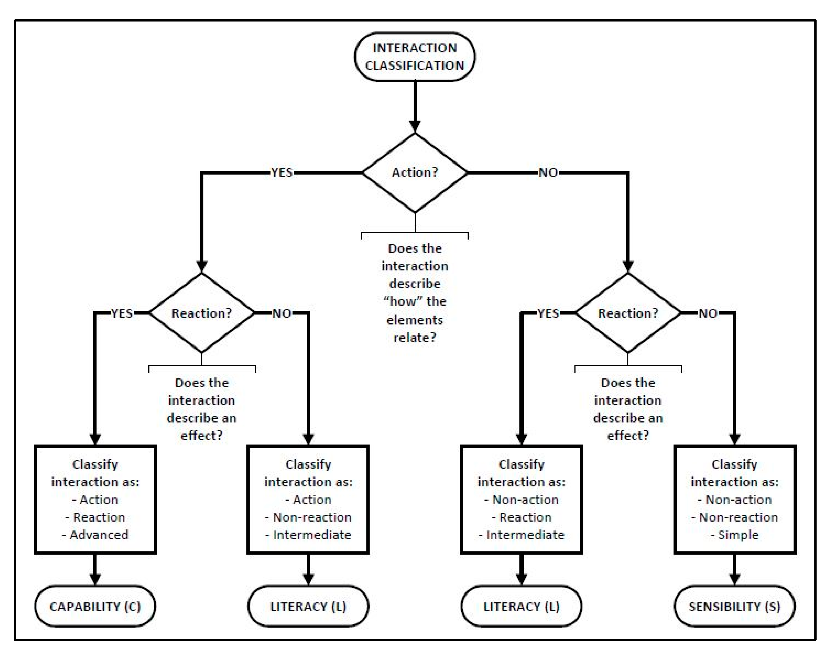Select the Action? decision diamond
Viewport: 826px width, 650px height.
tap(415, 172)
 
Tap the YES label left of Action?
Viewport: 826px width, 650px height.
tap(282, 172)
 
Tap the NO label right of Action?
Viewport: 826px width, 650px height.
tap(548, 172)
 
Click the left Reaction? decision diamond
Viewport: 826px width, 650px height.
tap(201, 313)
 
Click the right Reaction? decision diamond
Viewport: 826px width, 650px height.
tap(627, 313)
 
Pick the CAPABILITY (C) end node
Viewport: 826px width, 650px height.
tap(95, 606)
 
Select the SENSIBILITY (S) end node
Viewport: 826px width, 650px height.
tap(734, 606)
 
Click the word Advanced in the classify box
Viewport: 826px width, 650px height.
tap(99, 535)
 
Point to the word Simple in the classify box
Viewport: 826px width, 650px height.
tap(738, 535)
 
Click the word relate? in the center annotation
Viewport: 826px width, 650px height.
tap(415, 337)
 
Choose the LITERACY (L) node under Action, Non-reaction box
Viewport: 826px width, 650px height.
tap(308, 606)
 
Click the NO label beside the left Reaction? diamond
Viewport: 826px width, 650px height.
tap(282, 313)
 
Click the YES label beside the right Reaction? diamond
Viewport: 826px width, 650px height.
tap(548, 313)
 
